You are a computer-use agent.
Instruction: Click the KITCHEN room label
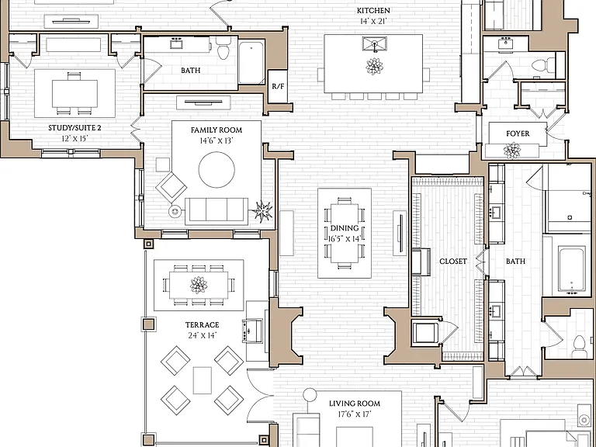(372, 11)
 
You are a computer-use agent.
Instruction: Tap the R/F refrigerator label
(278, 86)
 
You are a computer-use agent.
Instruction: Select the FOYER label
(518, 133)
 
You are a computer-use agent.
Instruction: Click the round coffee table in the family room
(217, 169)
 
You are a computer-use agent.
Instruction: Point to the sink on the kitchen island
(374, 44)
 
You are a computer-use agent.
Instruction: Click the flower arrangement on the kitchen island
(374, 67)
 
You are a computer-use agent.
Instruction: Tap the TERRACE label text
(202, 325)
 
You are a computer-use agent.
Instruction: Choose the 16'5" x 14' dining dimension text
(345, 239)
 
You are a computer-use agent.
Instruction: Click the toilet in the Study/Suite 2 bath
(223, 49)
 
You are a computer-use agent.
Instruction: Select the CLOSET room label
(453, 262)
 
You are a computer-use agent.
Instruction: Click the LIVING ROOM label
(355, 404)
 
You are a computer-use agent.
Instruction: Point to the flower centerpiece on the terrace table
(199, 285)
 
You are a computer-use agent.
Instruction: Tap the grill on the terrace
(252, 331)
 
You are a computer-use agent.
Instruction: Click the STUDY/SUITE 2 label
(74, 128)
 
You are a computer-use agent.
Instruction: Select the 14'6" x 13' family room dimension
(217, 141)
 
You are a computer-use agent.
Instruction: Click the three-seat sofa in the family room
(217, 211)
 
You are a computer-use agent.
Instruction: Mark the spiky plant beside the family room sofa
(263, 211)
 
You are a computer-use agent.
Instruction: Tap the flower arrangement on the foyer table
(512, 151)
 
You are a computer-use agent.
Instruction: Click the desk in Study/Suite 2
(74, 93)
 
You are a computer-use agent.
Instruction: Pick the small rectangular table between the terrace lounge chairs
(203, 380)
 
